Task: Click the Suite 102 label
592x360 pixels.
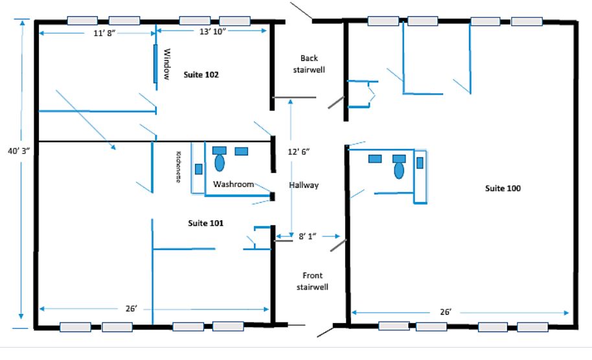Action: tap(201, 74)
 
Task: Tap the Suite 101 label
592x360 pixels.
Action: tap(205, 223)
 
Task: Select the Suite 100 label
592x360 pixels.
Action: tap(503, 188)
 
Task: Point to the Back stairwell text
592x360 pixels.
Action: tap(309, 63)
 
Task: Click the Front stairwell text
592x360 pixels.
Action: tap(312, 281)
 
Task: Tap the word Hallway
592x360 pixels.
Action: tap(304, 185)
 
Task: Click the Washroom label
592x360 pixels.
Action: tap(233, 184)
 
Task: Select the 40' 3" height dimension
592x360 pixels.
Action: tap(19, 151)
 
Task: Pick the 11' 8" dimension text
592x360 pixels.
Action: tap(104, 33)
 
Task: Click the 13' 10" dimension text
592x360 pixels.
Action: tap(212, 31)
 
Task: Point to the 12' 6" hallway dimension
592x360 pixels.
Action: tap(299, 152)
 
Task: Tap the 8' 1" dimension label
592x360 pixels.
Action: tap(307, 236)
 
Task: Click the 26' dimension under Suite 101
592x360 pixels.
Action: tap(131, 309)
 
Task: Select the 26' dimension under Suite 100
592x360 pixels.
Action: tap(446, 311)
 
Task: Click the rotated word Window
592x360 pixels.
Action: tap(167, 63)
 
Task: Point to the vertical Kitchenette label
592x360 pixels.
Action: tap(178, 167)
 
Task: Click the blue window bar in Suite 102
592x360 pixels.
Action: tap(155, 63)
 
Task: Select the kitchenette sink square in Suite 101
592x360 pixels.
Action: tap(199, 169)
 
